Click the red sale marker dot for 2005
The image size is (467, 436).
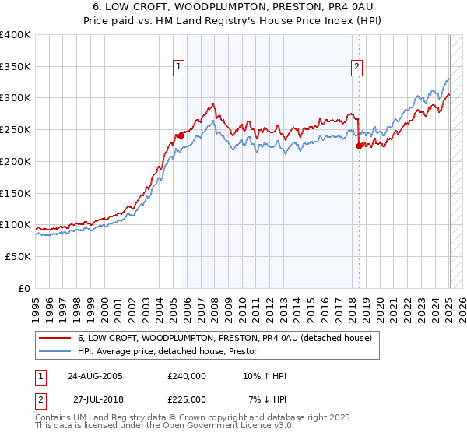[181, 135]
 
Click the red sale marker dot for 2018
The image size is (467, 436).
[359, 145]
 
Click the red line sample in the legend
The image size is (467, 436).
[55, 338]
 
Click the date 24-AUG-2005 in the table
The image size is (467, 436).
[95, 376]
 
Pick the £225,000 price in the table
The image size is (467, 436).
[187, 399]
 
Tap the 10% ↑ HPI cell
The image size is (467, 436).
[265, 376]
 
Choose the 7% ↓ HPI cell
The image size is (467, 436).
[268, 399]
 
